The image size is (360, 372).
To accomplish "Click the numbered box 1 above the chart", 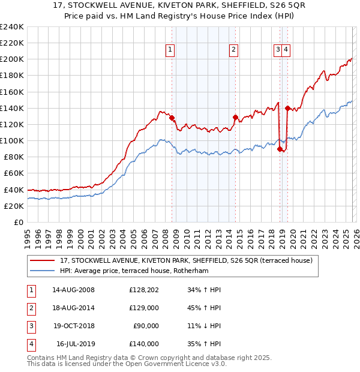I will [171, 50].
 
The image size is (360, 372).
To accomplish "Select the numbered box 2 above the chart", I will [233, 50].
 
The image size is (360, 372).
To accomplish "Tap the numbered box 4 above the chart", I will [286, 50].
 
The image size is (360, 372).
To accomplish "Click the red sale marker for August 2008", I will [172, 118].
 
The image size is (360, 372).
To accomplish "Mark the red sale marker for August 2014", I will [235, 117].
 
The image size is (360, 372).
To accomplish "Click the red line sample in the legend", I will [43, 260].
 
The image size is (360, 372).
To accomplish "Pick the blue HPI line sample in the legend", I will [43, 271].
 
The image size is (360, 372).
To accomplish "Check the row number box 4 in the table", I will [30, 344].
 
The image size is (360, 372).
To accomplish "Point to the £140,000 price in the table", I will [144, 344].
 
